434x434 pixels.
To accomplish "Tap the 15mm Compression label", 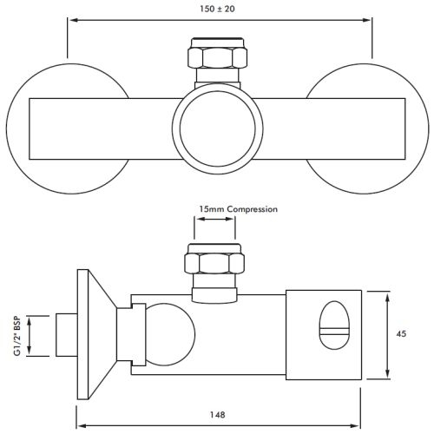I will pyautogui.click(x=238, y=210).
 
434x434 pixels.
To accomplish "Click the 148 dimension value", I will pyautogui.click(x=217, y=416).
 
